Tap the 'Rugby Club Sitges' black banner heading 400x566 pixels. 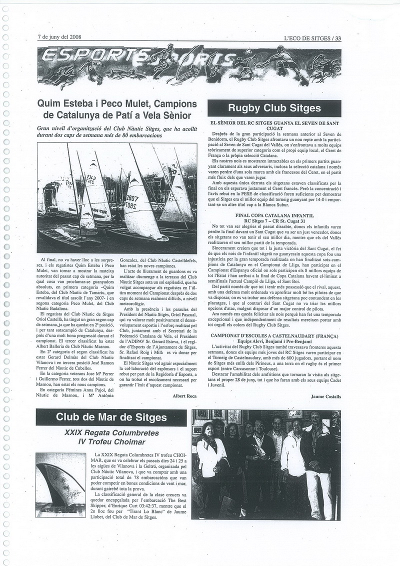tap(274, 108)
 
